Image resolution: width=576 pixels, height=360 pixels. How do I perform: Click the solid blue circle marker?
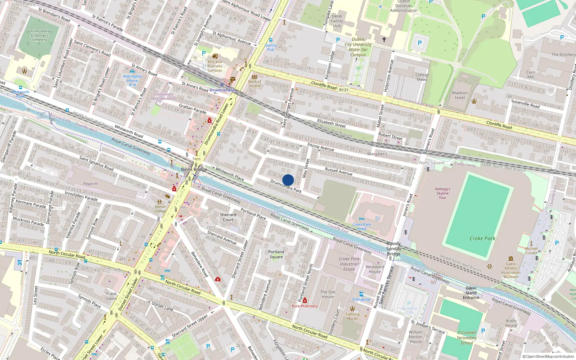tap(288, 180)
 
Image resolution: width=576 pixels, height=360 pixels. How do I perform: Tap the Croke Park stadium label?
tap(482, 238)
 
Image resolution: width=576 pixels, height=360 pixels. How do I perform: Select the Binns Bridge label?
tap(194, 169)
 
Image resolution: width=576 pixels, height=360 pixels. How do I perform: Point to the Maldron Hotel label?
tap(460, 95)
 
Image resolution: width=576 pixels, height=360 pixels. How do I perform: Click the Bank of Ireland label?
tap(255, 84)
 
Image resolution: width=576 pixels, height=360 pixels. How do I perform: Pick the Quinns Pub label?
tap(271, 47)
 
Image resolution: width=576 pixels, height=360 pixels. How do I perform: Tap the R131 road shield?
tap(344, 90)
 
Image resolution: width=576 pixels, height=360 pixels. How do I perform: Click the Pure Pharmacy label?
tap(305, 306)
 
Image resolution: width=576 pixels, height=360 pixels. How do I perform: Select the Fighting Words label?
tap(352, 316)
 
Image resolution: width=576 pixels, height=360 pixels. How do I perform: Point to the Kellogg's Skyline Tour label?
tap(442, 193)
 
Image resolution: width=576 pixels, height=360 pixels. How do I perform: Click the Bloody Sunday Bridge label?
tap(393, 249)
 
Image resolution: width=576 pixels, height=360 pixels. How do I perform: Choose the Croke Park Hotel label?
tap(361, 226)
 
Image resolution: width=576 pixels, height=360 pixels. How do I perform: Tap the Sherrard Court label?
tap(228, 217)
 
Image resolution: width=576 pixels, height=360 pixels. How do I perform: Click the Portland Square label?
tap(276, 254)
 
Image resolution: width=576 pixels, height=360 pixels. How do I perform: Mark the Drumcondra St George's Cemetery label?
tap(39, 35)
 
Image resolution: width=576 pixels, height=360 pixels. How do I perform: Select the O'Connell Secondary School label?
tap(467, 338)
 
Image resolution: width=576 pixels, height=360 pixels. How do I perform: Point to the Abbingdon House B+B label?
tap(132, 80)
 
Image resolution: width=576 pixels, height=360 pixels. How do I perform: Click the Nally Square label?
tap(432, 163)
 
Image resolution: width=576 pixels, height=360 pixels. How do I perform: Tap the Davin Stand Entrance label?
tap(471, 293)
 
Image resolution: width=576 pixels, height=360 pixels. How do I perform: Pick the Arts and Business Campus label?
tap(215, 66)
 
